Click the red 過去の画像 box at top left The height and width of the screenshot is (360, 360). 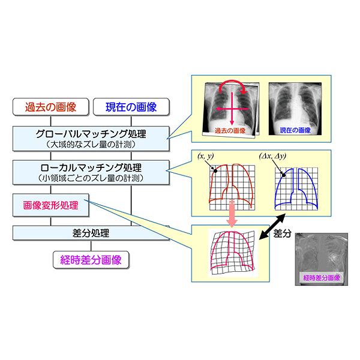point(51,107)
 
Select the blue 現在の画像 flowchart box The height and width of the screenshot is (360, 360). point(131,107)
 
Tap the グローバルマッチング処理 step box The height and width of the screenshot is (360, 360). point(91,139)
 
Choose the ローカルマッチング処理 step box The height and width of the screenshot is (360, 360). point(91,172)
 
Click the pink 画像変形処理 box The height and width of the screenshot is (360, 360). point(51,205)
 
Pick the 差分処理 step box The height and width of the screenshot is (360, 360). point(91,233)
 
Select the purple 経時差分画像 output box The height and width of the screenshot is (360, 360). point(91,260)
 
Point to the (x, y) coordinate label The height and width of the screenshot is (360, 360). point(206,156)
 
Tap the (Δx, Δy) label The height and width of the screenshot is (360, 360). point(272,156)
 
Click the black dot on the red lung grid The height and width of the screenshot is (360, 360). point(215,170)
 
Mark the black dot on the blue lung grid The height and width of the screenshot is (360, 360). point(284,175)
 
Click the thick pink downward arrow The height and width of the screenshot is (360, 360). point(232,214)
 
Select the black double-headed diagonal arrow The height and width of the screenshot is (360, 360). point(272,227)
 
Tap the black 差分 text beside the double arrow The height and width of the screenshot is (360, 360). point(283,233)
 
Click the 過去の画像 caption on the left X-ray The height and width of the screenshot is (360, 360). point(230,130)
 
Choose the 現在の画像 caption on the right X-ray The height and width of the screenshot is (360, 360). point(295,130)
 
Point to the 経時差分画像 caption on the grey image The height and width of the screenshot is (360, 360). point(322,278)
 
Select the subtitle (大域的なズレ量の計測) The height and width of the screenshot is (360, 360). point(91,145)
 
